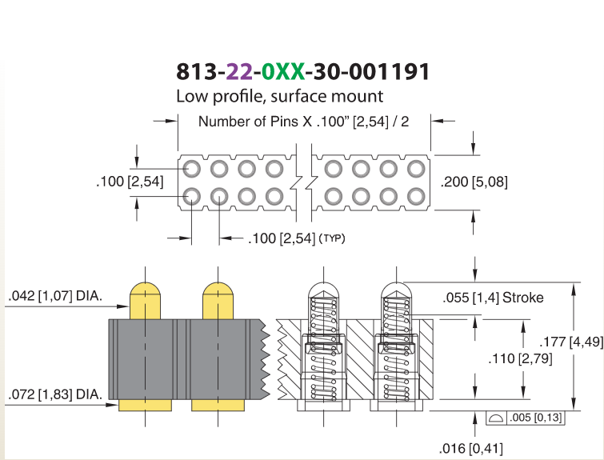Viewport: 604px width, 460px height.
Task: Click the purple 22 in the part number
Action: click(239, 72)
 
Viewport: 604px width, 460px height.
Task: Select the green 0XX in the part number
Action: click(283, 72)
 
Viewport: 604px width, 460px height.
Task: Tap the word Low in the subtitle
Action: click(192, 96)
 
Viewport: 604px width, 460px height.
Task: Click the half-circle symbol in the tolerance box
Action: click(495, 418)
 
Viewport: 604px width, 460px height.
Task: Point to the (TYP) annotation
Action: click(332, 238)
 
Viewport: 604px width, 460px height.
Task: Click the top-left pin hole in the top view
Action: click(191, 169)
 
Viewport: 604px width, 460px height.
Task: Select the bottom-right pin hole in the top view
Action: click(416, 197)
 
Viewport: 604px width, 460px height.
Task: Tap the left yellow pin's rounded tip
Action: click(146, 288)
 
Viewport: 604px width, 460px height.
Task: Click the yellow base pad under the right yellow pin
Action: click(218, 405)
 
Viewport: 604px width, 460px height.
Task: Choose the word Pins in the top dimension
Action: click(284, 122)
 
